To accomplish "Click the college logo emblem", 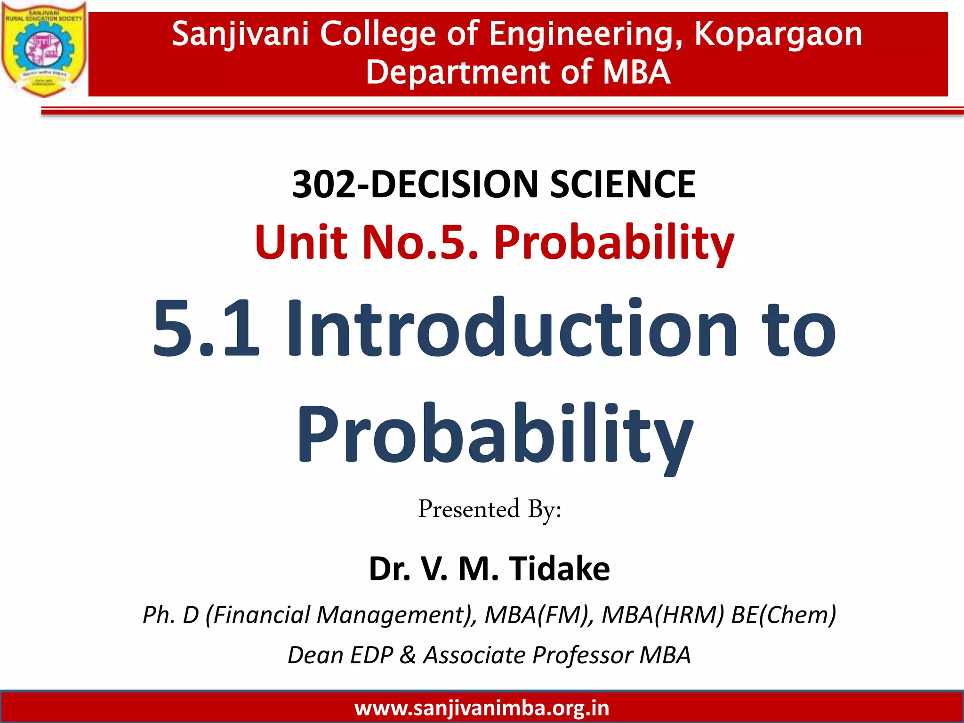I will [x=44, y=49].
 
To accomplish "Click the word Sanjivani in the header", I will [x=240, y=34].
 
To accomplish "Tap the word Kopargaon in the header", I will [x=778, y=34].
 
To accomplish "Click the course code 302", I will [x=323, y=184].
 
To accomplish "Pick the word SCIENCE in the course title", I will [x=623, y=184].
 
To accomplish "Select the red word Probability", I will [x=614, y=243].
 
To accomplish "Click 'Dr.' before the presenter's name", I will [x=389, y=569].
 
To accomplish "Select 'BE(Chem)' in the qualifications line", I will [x=784, y=615].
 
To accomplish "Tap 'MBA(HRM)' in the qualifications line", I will [x=663, y=615].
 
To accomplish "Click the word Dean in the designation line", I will [x=315, y=655].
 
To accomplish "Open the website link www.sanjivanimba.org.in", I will [x=482, y=708].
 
